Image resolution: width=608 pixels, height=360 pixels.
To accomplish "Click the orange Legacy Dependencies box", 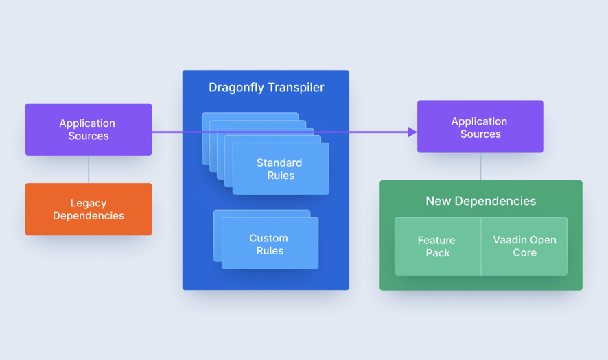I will pyautogui.click(x=89, y=209).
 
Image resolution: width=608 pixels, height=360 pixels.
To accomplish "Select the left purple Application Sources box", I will pyautogui.click(x=89, y=130).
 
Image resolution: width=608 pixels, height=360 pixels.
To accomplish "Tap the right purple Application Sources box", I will pyautogui.click(x=480, y=127).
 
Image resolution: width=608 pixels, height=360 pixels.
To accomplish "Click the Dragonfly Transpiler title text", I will pyautogui.click(x=266, y=88).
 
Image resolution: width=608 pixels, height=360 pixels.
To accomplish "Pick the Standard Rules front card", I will pyautogui.click(x=281, y=169).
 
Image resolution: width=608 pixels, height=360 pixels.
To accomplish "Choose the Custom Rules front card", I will pyautogui.click(x=270, y=244).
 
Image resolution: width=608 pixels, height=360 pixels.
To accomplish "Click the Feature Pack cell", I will pyautogui.click(x=437, y=247).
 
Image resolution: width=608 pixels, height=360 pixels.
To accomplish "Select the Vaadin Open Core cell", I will pyautogui.click(x=525, y=247).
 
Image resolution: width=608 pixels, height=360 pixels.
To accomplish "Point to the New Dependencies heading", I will pyautogui.click(x=480, y=201).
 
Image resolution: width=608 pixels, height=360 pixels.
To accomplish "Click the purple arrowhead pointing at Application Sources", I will pyautogui.click(x=412, y=132).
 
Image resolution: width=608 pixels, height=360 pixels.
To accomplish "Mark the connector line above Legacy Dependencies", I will pyautogui.click(x=89, y=169).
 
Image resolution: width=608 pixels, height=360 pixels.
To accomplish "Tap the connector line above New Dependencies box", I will pyautogui.click(x=480, y=167).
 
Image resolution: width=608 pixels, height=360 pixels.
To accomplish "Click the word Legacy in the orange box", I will pyautogui.click(x=89, y=203).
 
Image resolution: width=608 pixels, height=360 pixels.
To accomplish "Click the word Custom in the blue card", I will pyautogui.click(x=268, y=238).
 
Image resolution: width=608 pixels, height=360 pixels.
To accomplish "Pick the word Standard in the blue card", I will pyautogui.click(x=279, y=163).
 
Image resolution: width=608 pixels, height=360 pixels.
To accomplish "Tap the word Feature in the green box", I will pyautogui.click(x=436, y=240).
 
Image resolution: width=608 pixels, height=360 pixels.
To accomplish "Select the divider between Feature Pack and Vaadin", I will pyautogui.click(x=481, y=247).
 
